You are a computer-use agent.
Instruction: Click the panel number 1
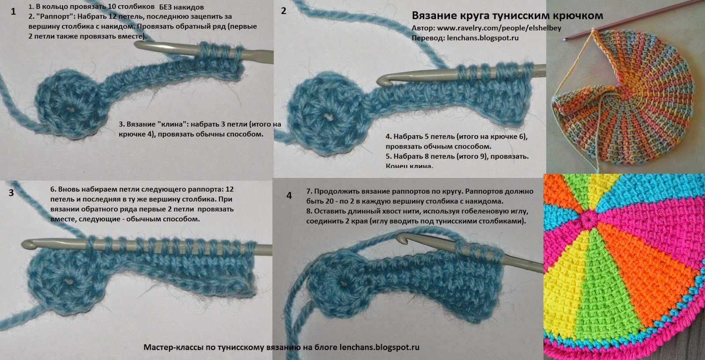click(13, 11)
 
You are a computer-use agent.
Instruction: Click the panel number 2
click(284, 11)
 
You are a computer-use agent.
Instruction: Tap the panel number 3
click(11, 193)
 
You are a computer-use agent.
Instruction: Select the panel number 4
click(289, 195)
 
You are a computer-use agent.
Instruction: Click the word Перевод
click(427, 38)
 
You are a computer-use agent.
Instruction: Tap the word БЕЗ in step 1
click(166, 7)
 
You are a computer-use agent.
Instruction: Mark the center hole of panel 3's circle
click(67, 280)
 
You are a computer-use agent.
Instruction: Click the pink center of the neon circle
click(587, 219)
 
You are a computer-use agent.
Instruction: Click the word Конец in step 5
click(396, 166)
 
